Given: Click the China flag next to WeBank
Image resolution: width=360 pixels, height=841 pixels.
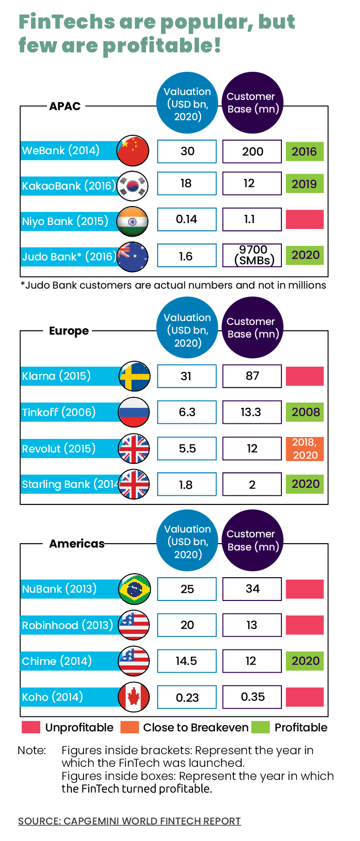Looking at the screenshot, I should [x=133, y=151].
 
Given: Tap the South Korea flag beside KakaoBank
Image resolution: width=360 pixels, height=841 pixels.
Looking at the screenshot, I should [x=132, y=186].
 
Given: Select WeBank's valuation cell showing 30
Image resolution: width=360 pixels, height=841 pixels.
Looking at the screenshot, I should [x=187, y=151].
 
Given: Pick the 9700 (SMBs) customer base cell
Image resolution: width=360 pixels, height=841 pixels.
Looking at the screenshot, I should [x=252, y=255].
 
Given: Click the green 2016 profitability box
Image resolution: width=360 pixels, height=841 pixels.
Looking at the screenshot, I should [x=304, y=151].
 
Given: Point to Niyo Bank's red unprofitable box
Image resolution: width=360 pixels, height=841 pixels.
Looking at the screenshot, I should [x=304, y=219].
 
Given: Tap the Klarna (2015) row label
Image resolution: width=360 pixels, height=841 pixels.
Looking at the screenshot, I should [x=56, y=376].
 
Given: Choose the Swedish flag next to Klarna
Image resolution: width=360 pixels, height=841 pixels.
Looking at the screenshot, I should [x=134, y=376].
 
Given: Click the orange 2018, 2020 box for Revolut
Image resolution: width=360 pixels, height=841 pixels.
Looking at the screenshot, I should [x=305, y=449].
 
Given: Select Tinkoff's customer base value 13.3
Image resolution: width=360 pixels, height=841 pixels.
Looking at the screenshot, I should [x=252, y=412].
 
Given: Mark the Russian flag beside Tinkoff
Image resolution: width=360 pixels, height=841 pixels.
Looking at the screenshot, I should [x=134, y=412].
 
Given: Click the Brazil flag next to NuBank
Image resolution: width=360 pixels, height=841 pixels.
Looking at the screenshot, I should [x=134, y=589].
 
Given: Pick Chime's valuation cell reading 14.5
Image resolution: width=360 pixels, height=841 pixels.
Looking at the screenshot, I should [x=187, y=661].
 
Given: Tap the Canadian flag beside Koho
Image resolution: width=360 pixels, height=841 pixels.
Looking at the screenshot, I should [x=134, y=697].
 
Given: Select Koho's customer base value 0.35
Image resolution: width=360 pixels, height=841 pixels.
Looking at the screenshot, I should [x=252, y=697].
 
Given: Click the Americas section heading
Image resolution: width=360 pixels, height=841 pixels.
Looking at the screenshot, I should [x=77, y=544].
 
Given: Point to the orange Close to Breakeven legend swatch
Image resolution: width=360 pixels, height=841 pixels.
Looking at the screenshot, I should [x=130, y=728].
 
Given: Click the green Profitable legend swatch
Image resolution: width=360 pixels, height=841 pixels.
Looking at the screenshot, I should [x=261, y=728].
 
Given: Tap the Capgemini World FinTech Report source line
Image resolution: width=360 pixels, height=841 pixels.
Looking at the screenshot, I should [x=130, y=821].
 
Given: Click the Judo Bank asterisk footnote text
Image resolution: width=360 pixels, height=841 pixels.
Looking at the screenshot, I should [x=173, y=285].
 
